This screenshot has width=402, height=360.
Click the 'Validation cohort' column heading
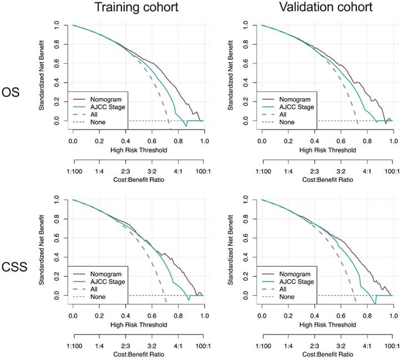click(x=326, y=8)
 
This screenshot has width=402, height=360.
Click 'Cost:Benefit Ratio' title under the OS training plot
click(x=138, y=181)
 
